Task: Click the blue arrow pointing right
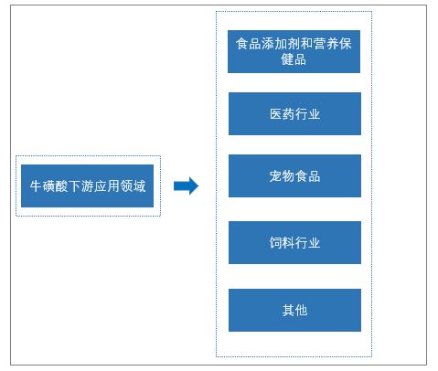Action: [x=186, y=185]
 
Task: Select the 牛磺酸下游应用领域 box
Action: [x=87, y=185]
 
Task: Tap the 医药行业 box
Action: [x=294, y=113]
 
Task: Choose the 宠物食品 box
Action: [x=294, y=175]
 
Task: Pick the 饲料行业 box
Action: [x=294, y=242]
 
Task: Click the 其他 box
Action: [x=294, y=310]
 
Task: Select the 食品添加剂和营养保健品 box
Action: [x=294, y=51]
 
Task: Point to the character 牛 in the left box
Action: [x=36, y=185]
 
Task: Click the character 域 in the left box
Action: [x=139, y=185]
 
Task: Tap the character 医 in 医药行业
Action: [x=275, y=114]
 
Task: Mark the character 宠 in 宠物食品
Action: [x=275, y=176]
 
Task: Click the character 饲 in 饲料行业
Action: [x=275, y=243]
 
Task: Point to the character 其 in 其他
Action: [x=288, y=311]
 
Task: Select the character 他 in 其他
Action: [x=301, y=311]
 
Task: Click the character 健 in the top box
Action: [x=287, y=59]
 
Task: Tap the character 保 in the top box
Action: [x=346, y=44]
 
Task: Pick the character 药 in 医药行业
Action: [x=288, y=114]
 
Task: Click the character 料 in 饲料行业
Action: [x=288, y=243]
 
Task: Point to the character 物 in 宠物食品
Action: [x=288, y=176]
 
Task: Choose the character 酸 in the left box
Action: [x=61, y=185]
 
